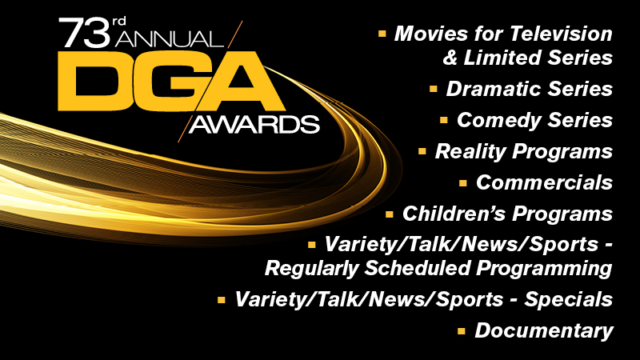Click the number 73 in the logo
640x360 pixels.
click(x=85, y=32)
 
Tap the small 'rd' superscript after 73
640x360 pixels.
click(x=118, y=22)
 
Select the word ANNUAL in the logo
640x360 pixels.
click(x=169, y=39)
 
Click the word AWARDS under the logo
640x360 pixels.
click(x=254, y=125)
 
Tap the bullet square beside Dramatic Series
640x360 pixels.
click(x=434, y=89)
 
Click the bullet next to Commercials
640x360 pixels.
click(x=463, y=182)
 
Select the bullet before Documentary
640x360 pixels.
click(x=462, y=330)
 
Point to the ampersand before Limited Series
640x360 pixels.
click(x=450, y=58)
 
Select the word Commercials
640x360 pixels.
click(x=545, y=182)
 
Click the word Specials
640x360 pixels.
click(x=569, y=299)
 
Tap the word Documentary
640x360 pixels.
click(x=544, y=331)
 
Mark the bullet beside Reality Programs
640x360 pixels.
click(x=422, y=151)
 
